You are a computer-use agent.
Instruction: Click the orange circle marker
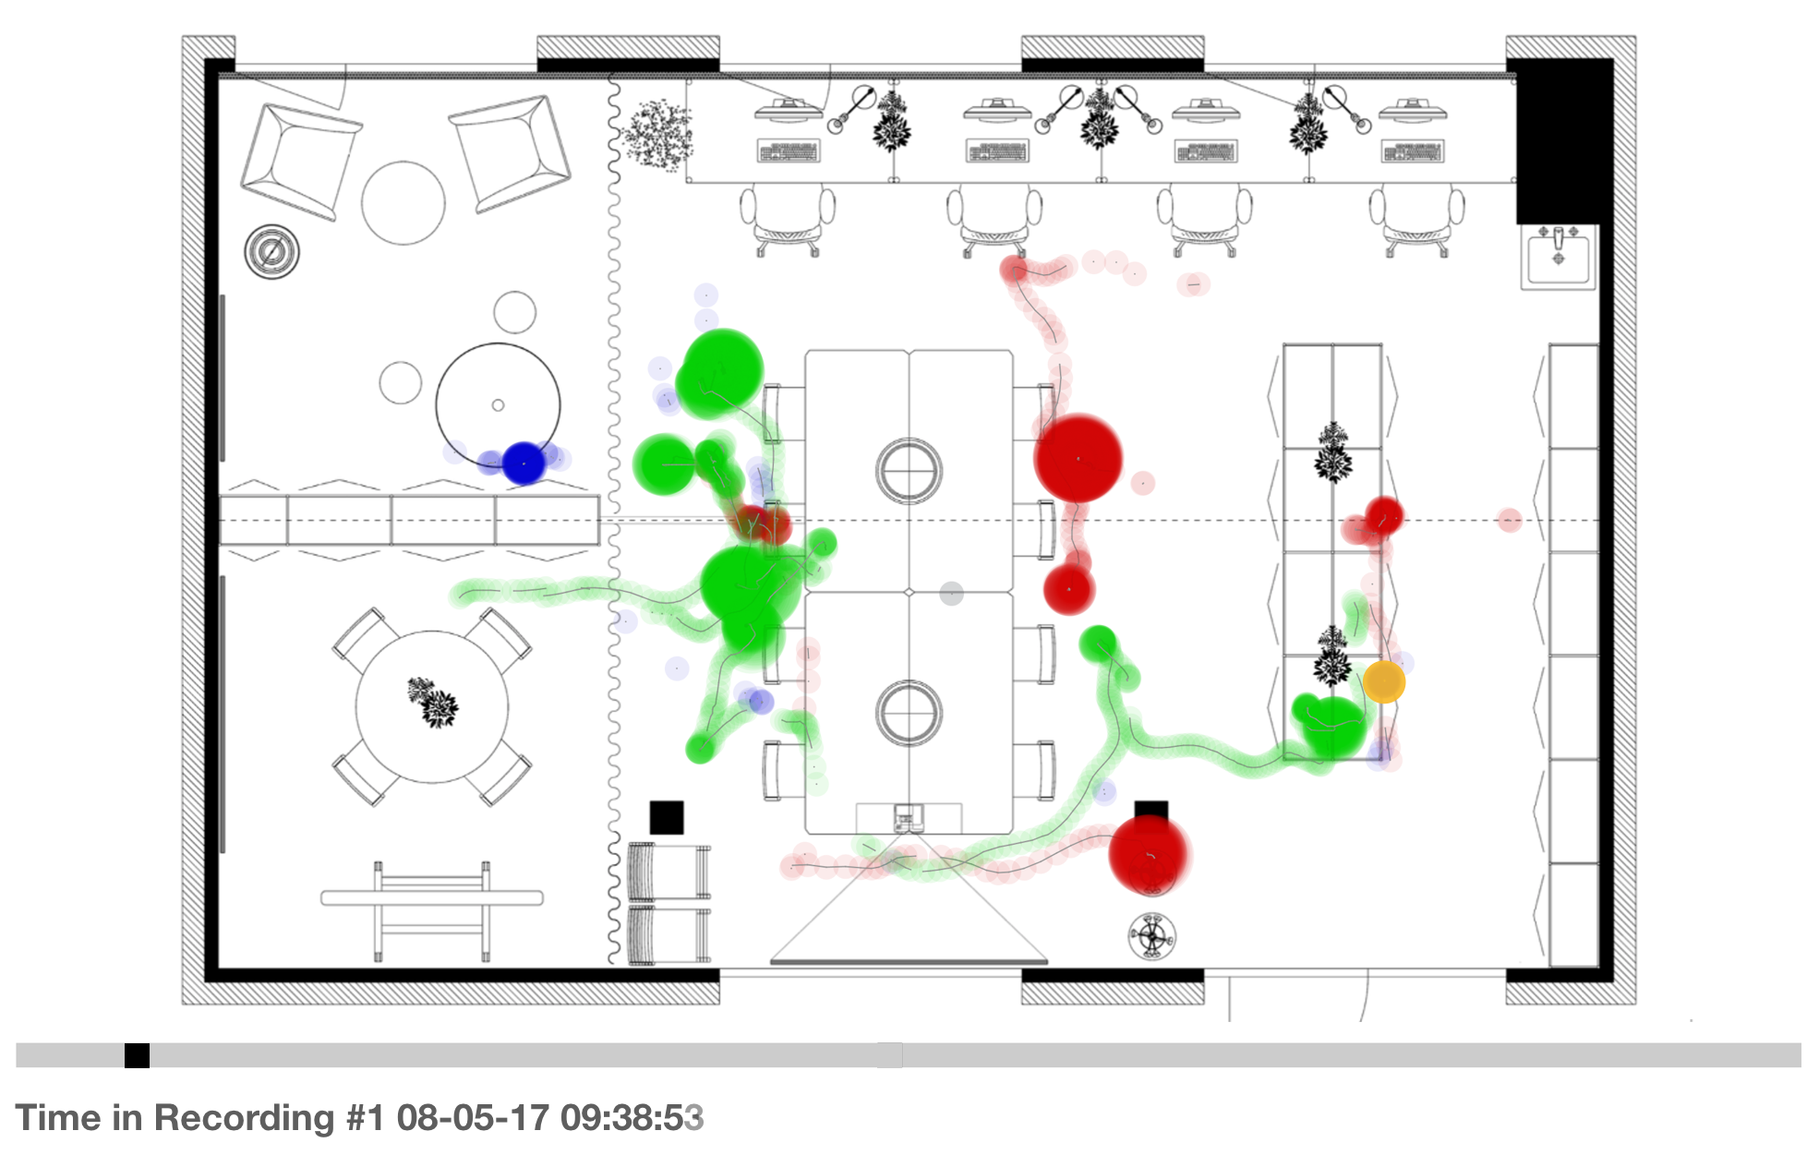pyautogui.click(x=1383, y=681)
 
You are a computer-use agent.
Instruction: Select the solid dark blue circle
pyautogui.click(x=524, y=463)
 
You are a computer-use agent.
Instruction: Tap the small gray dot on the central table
pyautogui.click(x=951, y=594)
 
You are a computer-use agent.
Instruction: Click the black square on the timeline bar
pyautogui.click(x=137, y=1055)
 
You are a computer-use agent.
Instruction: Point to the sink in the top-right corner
pyautogui.click(x=1559, y=256)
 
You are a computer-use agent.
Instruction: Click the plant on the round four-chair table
pyautogui.click(x=433, y=703)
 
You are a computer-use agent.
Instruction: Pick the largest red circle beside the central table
pyautogui.click(x=1078, y=459)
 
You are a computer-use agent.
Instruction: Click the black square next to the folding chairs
pyautogui.click(x=667, y=817)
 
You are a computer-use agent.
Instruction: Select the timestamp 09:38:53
pyautogui.click(x=632, y=1117)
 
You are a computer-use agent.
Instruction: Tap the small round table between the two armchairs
pyautogui.click(x=404, y=203)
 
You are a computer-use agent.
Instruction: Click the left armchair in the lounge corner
pyautogui.click(x=299, y=162)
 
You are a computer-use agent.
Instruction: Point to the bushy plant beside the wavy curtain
pyautogui.click(x=657, y=136)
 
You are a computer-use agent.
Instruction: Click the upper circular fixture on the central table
pyautogui.click(x=909, y=470)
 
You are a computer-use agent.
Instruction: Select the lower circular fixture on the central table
pyautogui.click(x=909, y=713)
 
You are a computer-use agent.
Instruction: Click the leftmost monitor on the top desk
pyautogui.click(x=788, y=111)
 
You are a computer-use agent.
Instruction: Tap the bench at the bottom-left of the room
pyautogui.click(x=431, y=898)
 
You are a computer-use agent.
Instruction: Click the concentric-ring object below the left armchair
pyautogui.click(x=271, y=251)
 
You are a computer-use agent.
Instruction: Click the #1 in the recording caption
pyautogui.click(x=365, y=1117)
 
